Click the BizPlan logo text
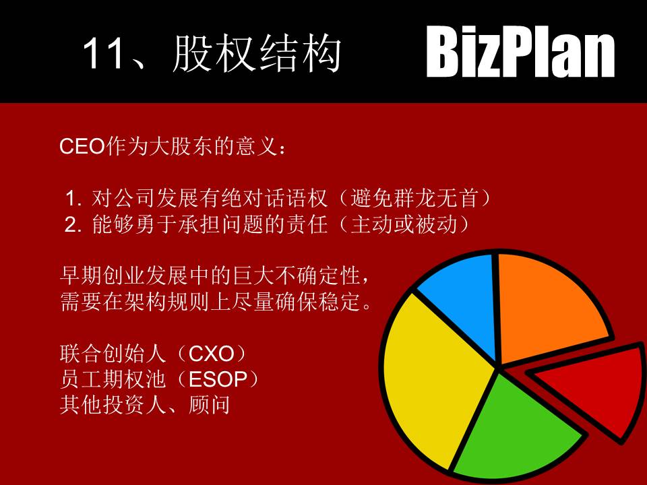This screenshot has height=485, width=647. click(521, 53)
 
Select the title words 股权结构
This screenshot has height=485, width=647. click(257, 54)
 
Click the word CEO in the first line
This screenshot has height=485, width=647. click(83, 148)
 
